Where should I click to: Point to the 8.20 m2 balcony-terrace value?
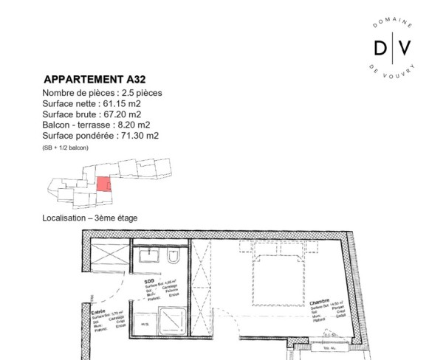(134, 125)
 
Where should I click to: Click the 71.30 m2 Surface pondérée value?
(143, 136)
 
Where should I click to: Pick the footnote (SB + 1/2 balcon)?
(66, 148)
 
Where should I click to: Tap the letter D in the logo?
(380, 48)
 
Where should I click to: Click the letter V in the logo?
(405, 48)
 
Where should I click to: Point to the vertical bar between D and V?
(392, 48)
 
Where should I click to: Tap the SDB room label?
(149, 281)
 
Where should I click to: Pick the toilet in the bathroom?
(173, 258)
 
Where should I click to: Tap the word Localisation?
(64, 218)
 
